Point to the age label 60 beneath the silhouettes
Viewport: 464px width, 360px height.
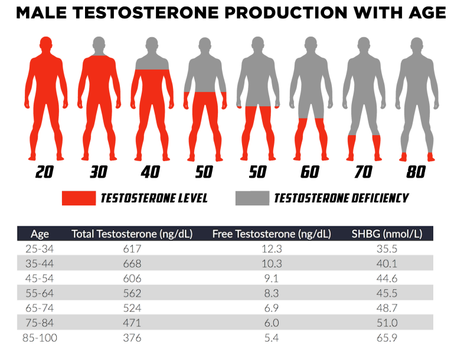(x=309, y=172)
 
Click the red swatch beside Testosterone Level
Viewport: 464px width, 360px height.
(x=79, y=198)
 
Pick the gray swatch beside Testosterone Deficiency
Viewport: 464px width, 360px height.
(x=251, y=198)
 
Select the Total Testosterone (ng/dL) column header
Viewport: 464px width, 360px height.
(x=132, y=234)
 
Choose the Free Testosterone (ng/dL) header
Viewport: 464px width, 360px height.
(x=272, y=234)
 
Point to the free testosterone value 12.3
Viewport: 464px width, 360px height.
(x=272, y=248)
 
